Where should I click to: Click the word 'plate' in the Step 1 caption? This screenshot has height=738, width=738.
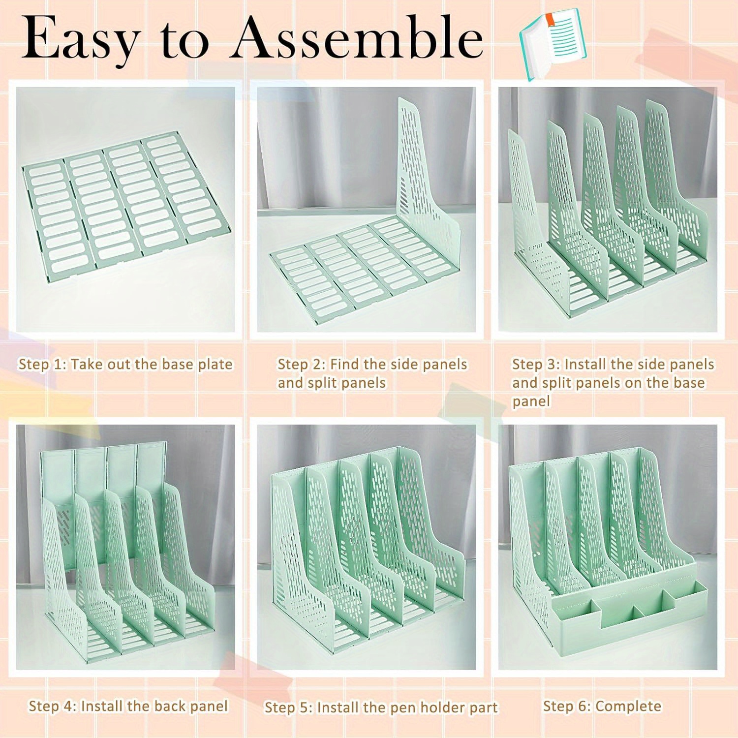tap(215, 365)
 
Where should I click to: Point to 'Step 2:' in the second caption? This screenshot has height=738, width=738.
tap(301, 365)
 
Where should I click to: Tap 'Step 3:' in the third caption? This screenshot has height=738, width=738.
tap(536, 365)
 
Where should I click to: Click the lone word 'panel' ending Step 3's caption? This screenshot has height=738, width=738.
tap(531, 401)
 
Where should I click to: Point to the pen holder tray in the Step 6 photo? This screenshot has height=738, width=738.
tap(630, 615)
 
